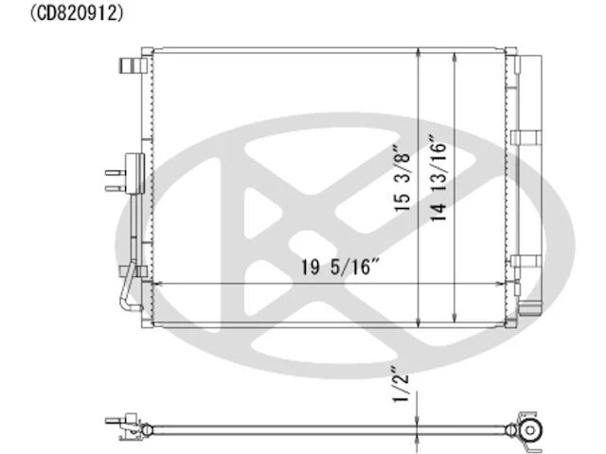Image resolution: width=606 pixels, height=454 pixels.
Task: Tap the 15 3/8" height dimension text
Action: [x=403, y=177]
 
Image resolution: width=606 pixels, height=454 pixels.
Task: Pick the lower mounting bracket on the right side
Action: [x=524, y=265]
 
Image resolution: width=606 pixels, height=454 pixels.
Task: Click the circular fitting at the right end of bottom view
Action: [x=530, y=430]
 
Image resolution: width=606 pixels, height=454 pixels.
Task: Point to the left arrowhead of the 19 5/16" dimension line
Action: [x=157, y=283]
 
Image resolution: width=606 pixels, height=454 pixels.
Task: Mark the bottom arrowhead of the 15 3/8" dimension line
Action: [x=419, y=323]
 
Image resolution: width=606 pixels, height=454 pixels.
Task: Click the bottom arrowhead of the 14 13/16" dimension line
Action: [x=457, y=319]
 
